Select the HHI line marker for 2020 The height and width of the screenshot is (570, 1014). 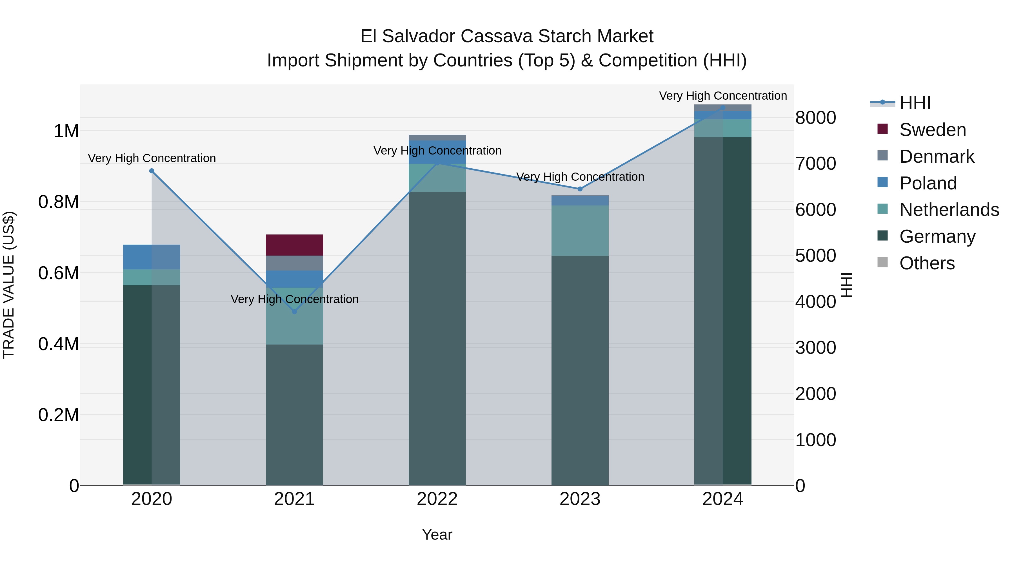[x=152, y=171]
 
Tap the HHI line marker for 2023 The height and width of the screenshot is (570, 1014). [x=580, y=189]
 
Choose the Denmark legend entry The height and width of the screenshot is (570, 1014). [x=937, y=157]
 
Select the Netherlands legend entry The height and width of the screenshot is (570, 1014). [x=949, y=210]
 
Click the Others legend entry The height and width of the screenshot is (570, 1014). [x=927, y=263]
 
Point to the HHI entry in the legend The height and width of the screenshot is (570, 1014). [x=915, y=103]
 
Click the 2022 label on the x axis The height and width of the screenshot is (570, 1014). [x=437, y=499]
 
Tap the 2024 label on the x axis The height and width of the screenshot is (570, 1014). [x=723, y=499]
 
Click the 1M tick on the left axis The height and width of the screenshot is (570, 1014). [x=66, y=131]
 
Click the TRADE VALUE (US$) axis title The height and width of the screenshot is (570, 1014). [x=9, y=285]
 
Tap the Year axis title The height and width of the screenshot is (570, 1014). [x=437, y=535]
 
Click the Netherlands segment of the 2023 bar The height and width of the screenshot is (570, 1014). [x=580, y=231]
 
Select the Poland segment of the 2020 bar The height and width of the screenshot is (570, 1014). [x=152, y=257]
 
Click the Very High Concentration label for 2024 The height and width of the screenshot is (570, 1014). [x=723, y=96]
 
